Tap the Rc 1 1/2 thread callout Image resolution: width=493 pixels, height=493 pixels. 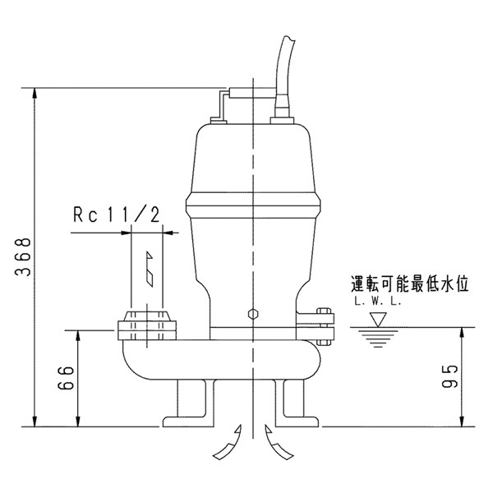(115, 215)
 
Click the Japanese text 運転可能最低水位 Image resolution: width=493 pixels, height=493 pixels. (408, 285)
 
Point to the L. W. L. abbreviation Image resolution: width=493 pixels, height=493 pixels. (378, 302)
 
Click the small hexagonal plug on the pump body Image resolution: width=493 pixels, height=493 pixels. (253, 314)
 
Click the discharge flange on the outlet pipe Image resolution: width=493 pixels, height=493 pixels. (148, 325)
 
